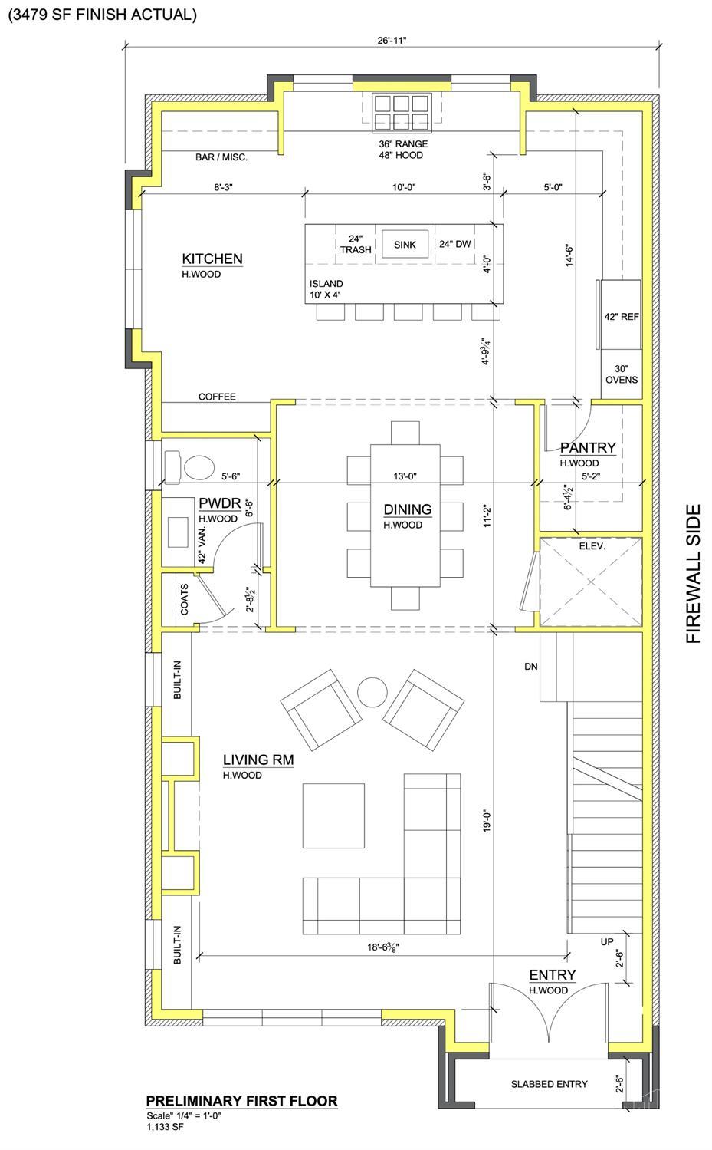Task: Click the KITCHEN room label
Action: point(212,259)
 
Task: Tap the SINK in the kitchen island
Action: point(405,245)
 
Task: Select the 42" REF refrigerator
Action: point(620,315)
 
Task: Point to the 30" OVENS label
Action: point(622,374)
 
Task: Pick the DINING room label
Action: point(408,509)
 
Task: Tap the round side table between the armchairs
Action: point(372,692)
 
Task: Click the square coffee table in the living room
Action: point(333,816)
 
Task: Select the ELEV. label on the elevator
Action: point(592,546)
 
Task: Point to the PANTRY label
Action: point(588,448)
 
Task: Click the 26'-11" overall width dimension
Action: point(392,40)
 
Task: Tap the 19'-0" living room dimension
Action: point(487,820)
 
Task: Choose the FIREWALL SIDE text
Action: point(693,573)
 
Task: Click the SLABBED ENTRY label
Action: point(549,1084)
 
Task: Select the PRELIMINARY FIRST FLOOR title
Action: point(241,1101)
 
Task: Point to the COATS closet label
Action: point(184,599)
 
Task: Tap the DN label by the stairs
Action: point(531,667)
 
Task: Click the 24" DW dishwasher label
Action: point(454,244)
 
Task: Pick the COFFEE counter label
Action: point(217,397)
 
